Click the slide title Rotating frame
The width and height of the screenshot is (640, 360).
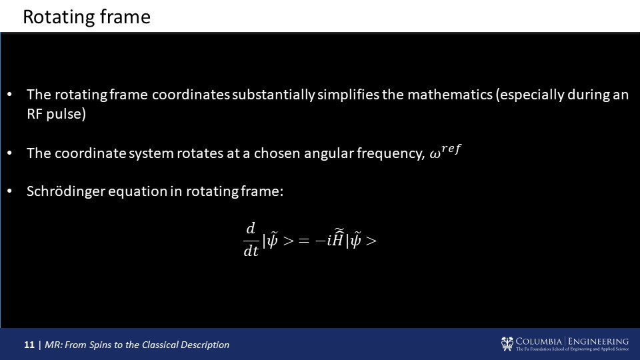pyautogui.click(x=87, y=17)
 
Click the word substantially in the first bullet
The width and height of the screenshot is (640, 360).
pyautogui.click(x=273, y=95)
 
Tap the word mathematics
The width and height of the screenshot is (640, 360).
pyautogui.click(x=450, y=95)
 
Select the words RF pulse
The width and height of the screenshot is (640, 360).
pyautogui.click(x=56, y=114)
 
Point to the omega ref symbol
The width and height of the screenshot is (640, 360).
pyautogui.click(x=445, y=152)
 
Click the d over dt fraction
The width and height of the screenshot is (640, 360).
pyautogui.click(x=251, y=239)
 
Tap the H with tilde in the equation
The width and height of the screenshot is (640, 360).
pyautogui.click(x=337, y=238)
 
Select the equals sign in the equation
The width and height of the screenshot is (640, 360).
pyautogui.click(x=304, y=241)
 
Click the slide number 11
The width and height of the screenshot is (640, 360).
pyautogui.click(x=29, y=345)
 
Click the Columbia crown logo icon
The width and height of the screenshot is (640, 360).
pyautogui.click(x=507, y=344)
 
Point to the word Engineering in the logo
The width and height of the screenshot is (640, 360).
pyautogui.click(x=598, y=341)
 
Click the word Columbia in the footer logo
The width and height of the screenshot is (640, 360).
pyautogui.click(x=539, y=341)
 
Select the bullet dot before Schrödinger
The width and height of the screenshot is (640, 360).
pyautogui.click(x=10, y=191)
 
